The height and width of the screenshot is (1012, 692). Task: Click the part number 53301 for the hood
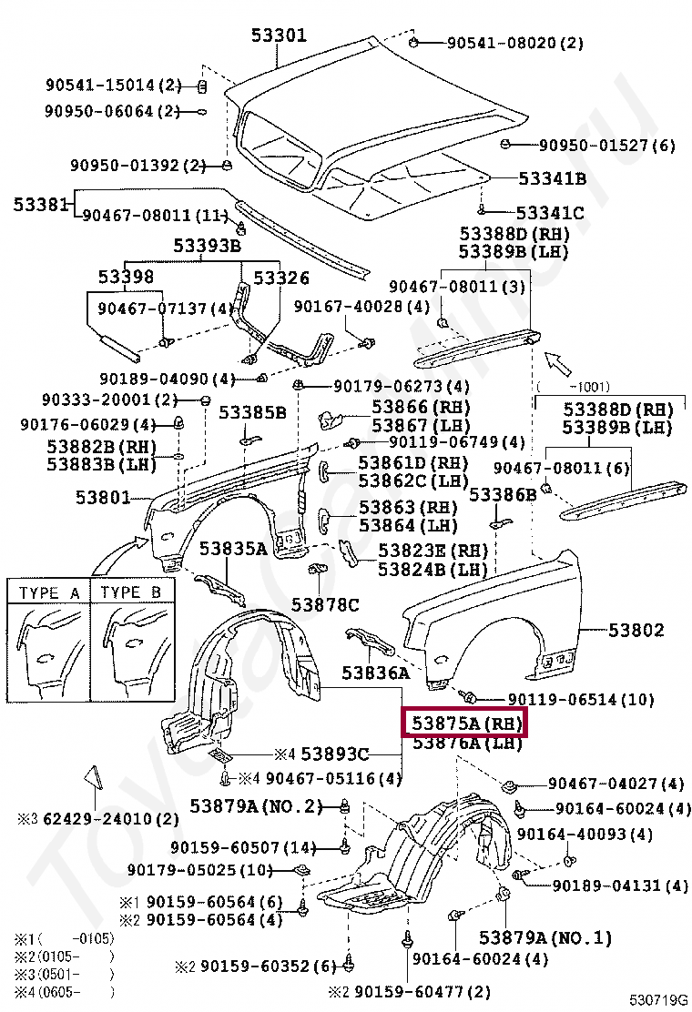[280, 35]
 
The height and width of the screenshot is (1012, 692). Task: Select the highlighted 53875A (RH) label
[464, 724]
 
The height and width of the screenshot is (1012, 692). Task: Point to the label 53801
[103, 498]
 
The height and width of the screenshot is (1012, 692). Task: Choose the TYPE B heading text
[132, 592]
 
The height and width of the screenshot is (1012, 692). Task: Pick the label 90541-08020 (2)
[514, 42]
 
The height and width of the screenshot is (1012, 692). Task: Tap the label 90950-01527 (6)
[606, 145]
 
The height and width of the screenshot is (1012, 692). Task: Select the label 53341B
[552, 178]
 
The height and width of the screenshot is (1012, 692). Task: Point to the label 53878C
[325, 603]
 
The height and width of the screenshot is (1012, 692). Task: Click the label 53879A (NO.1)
[545, 936]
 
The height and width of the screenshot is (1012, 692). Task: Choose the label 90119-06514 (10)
[581, 699]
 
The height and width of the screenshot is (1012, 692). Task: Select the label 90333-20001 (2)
[109, 400]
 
